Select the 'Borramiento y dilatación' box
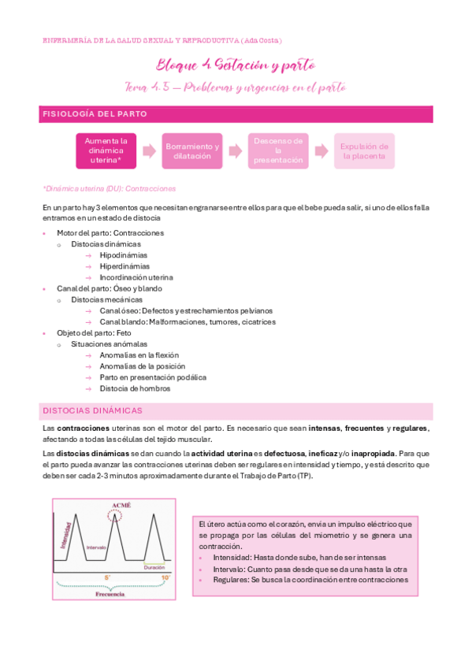tap(192, 150)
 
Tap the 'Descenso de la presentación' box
tap(277, 150)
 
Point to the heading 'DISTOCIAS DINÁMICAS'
tap(92, 410)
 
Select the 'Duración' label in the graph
tap(154, 566)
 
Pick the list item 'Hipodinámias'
tap(124, 255)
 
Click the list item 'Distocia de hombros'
tap(135, 388)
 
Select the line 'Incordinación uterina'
tap(136, 277)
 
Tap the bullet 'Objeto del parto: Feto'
tap(94, 333)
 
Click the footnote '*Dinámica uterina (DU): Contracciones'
tap(109, 189)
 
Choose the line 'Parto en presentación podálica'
tap(153, 377)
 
